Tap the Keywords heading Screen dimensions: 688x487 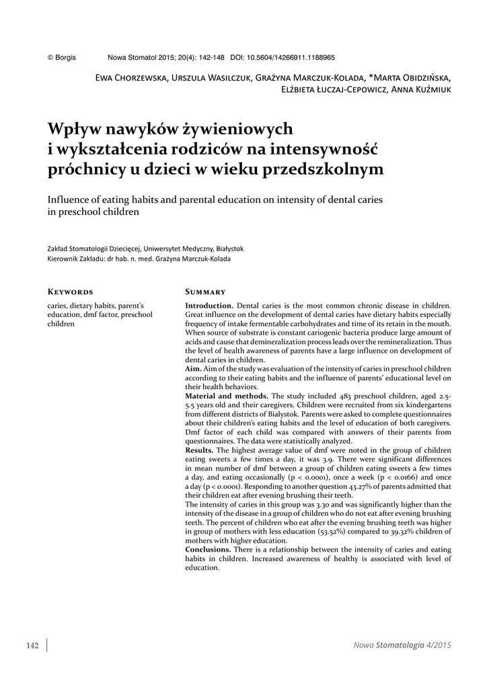tap(70, 292)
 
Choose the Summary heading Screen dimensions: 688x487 tap(204, 292)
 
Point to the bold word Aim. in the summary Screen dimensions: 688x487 tap(193, 370)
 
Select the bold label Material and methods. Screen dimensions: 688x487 tap(227, 396)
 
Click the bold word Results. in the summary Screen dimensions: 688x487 tap(200, 450)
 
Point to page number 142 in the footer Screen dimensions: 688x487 tap(32, 646)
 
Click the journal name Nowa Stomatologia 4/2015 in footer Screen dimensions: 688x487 tap(402, 646)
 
